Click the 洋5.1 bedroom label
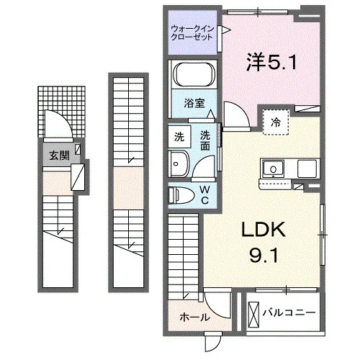(x=271, y=62)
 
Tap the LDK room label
(x=264, y=230)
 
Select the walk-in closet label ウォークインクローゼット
(x=192, y=33)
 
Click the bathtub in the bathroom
(x=194, y=74)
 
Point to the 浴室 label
(x=194, y=103)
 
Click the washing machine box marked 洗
(x=179, y=136)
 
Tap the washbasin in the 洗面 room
(x=179, y=163)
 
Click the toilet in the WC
(x=181, y=194)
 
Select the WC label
(x=204, y=195)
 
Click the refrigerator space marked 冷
(x=276, y=122)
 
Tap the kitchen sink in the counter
(x=273, y=169)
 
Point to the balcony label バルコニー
(x=289, y=312)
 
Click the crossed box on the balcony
(x=254, y=314)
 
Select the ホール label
(x=194, y=318)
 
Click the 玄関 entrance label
(x=59, y=156)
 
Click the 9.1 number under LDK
(x=264, y=255)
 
